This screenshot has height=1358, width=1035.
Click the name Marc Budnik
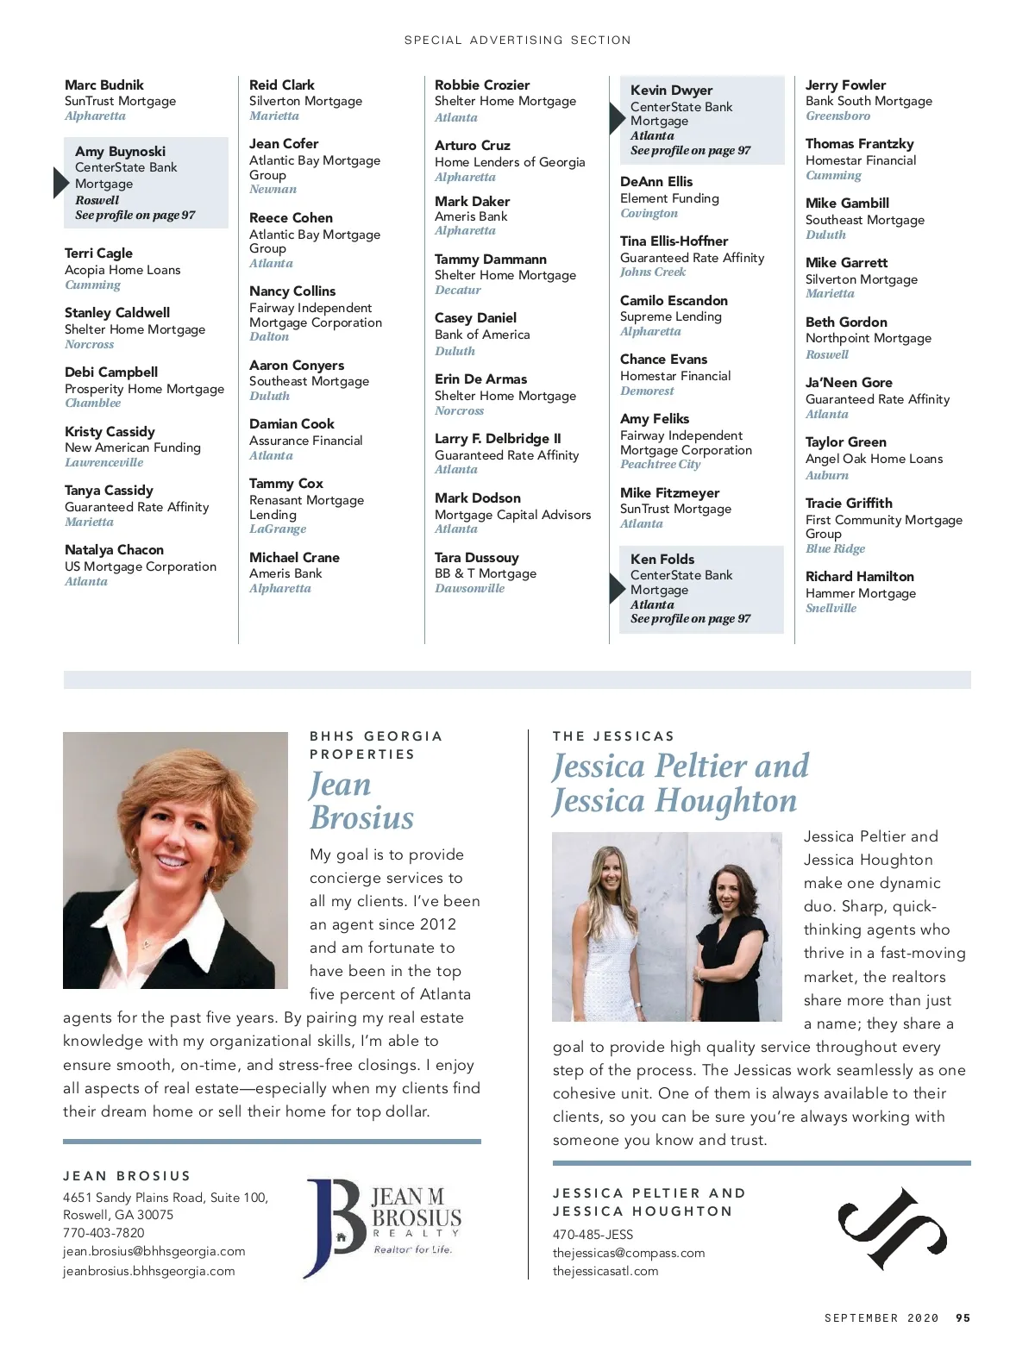[104, 84]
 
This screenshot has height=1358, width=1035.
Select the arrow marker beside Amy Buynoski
[60, 183]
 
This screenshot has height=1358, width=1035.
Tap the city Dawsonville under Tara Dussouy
[469, 588]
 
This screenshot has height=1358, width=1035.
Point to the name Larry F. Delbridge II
[498, 438]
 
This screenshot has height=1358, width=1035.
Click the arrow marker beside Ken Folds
[616, 589]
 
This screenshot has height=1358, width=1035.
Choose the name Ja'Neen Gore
[849, 382]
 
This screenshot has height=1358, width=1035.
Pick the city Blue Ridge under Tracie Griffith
[835, 548]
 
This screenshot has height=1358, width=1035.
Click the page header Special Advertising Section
[517, 40]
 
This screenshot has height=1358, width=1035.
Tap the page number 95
[963, 1317]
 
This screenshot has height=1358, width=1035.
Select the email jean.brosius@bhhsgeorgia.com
[154, 1251]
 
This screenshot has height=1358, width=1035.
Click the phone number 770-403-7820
[103, 1233]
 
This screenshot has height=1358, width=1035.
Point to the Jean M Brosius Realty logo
[384, 1227]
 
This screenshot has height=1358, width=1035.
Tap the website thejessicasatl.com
[605, 1271]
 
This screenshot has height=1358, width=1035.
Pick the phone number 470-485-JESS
[593, 1235]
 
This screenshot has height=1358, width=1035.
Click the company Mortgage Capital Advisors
[512, 515]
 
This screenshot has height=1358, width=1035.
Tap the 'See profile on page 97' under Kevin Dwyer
[690, 150]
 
